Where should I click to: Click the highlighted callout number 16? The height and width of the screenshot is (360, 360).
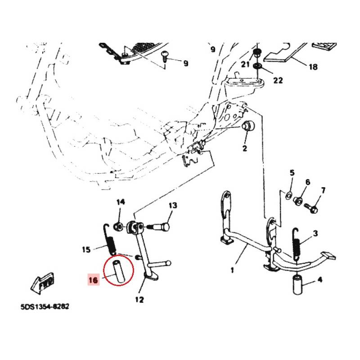point(94,280)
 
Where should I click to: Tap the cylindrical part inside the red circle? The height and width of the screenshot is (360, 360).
point(119,271)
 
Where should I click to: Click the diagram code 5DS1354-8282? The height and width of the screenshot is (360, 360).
point(45,307)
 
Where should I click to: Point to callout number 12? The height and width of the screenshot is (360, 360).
point(139,300)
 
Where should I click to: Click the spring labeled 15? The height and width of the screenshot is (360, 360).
point(110,240)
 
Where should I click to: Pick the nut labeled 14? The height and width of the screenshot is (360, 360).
point(118,227)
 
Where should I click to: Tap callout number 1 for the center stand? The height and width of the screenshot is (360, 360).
point(233,270)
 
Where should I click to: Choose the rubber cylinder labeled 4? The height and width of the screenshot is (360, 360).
point(297,285)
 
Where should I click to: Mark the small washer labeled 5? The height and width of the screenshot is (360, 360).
point(288,196)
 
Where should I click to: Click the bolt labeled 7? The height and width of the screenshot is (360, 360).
point(311,207)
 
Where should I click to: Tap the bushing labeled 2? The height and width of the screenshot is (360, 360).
point(248,126)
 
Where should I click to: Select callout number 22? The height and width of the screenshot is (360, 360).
point(278,80)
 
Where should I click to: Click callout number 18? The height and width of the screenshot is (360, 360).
point(313,67)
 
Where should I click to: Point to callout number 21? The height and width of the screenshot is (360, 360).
point(245,64)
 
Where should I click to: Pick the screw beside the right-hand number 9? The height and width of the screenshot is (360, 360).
point(165,56)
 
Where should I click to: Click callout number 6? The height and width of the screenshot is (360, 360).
point(308,182)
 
